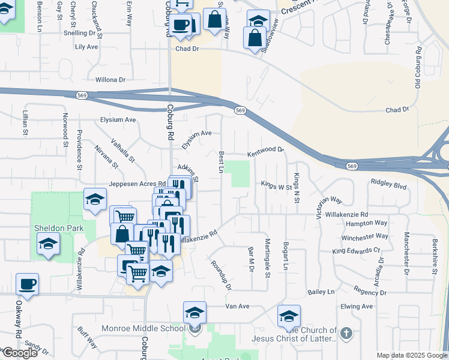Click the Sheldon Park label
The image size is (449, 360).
tap(58, 228)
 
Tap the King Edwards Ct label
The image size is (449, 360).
tap(356, 250)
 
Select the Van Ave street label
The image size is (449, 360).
tap(237, 306)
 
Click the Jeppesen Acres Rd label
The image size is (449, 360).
tap(137, 184)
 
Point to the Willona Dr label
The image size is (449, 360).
tap(110, 79)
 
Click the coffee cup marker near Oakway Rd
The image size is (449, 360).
tap(28, 283)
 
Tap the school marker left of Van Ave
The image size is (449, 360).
tap(194, 312)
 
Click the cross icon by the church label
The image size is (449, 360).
tap(345, 333)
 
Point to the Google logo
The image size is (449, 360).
tap(19, 353)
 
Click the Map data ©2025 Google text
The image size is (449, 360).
tap(412, 355)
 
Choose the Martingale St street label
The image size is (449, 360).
tap(268, 257)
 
